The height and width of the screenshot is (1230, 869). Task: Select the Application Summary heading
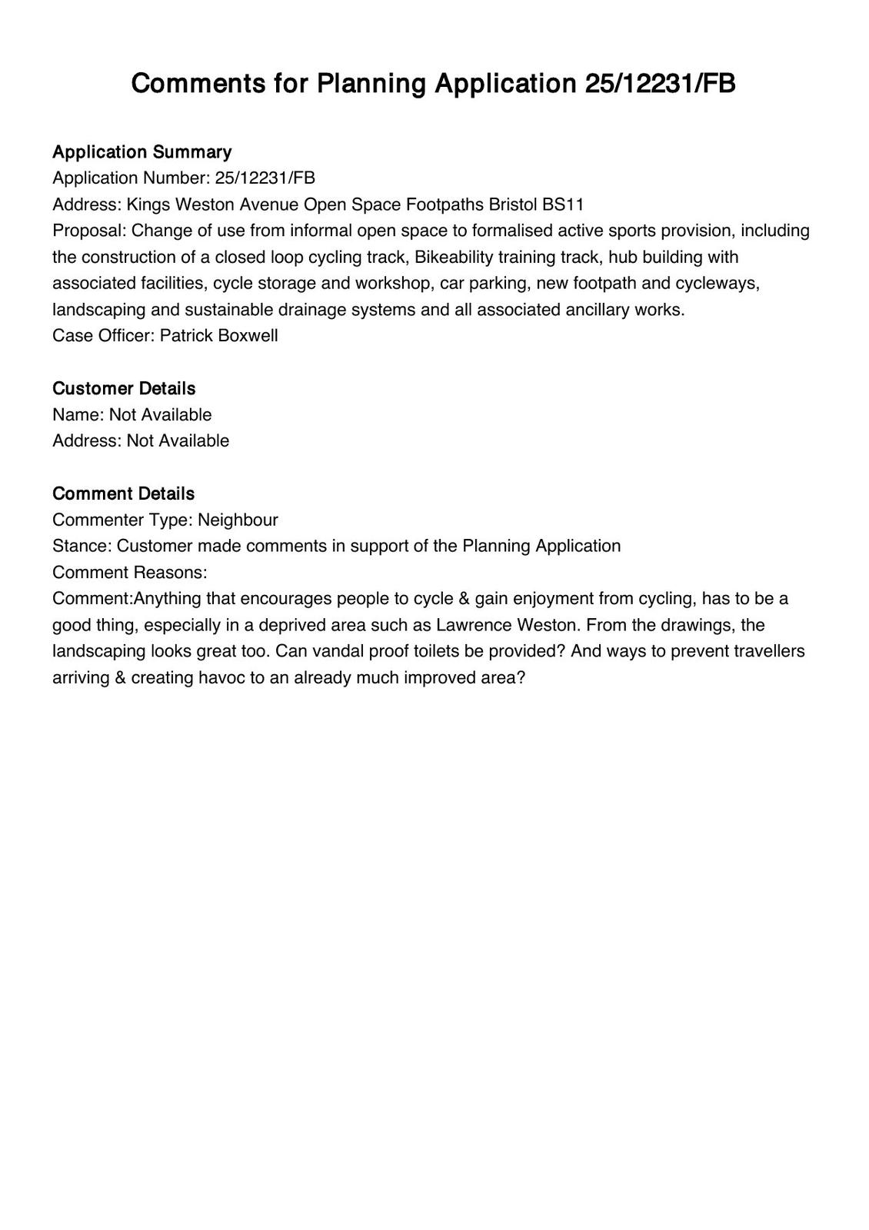coord(142,151)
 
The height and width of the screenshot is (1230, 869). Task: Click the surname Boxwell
coord(248,336)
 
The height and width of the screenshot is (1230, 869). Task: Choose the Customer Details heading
coord(124,388)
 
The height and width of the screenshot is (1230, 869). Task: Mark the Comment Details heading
coord(123,494)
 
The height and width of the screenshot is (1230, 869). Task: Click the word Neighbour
coord(238,520)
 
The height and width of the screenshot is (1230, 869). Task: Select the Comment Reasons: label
coord(129,572)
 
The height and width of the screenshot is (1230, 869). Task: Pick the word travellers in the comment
coord(767,651)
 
